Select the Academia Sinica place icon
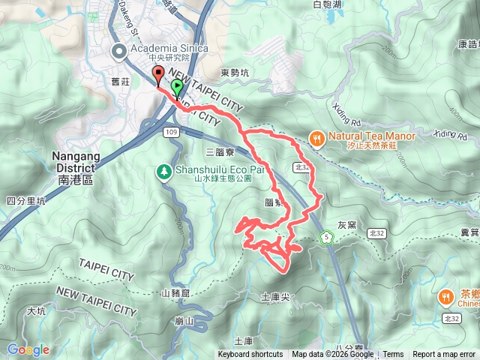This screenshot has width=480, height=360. pyautogui.click(x=119, y=51)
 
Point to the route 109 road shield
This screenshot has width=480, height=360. pyautogui.click(x=170, y=132)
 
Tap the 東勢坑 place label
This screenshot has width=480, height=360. pyautogui.click(x=235, y=73)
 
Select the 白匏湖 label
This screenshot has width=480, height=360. pyautogui.click(x=327, y=4)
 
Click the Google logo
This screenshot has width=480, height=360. pyautogui.click(x=28, y=349)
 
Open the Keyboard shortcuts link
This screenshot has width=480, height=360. pyautogui.click(x=250, y=355)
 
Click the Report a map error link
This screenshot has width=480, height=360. pyautogui.click(x=444, y=355)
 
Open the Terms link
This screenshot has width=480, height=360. pyautogui.click(x=393, y=355)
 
